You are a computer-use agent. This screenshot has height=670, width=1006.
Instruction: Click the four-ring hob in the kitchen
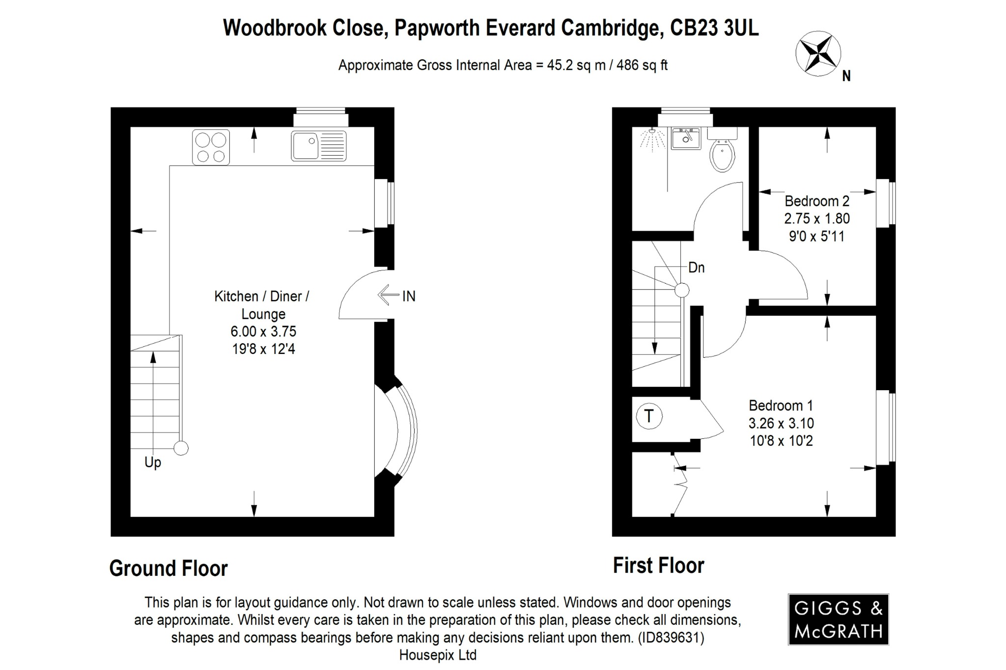coord(211,147)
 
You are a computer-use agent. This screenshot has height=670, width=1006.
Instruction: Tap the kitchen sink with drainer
coord(318,146)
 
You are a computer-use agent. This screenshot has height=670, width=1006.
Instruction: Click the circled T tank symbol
coord(649,416)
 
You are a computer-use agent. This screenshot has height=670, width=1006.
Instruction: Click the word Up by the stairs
coord(153,462)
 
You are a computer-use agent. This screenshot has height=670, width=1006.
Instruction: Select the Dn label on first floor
coord(696,268)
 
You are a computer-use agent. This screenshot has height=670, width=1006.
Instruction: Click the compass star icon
coord(818,54)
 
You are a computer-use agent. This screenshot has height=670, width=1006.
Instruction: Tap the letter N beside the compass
coord(846,76)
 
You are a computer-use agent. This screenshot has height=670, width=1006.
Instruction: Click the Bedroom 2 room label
coord(816,201)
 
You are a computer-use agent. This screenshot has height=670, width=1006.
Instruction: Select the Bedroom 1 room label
coord(781,405)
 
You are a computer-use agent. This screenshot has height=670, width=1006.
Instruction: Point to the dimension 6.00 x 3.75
coord(263,331)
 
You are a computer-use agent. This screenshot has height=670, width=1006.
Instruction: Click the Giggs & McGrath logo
coord(838,619)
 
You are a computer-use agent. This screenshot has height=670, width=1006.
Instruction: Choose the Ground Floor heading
coord(168,568)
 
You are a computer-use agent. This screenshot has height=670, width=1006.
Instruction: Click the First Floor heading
coord(658,565)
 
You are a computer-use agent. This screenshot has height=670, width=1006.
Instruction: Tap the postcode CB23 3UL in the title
coord(714,28)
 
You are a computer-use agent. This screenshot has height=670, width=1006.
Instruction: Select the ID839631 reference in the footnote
coord(670,638)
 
